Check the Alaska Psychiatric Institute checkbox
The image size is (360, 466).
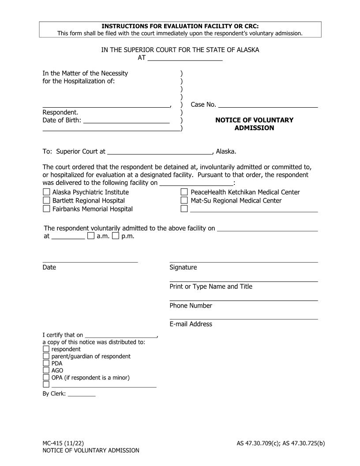click(46, 192)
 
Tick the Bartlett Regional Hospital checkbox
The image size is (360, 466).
click(46, 201)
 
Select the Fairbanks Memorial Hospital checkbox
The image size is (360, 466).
click(46, 209)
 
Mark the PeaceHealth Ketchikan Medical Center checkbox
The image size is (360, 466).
click(184, 192)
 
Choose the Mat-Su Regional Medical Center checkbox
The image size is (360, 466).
click(184, 201)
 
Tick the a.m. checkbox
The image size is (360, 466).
click(90, 236)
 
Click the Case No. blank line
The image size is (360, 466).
click(268, 105)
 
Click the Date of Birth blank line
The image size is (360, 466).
click(126, 120)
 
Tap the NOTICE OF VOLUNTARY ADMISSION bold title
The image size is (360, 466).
click(254, 124)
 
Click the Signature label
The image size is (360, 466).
click(183, 267)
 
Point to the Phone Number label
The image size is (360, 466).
click(191, 305)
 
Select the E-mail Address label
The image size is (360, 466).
click(191, 324)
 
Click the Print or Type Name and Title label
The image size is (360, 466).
click(211, 286)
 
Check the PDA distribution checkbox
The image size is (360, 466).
click(46, 364)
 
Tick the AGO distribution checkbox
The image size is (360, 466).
click(46, 371)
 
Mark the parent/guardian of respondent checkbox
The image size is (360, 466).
click(46, 356)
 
